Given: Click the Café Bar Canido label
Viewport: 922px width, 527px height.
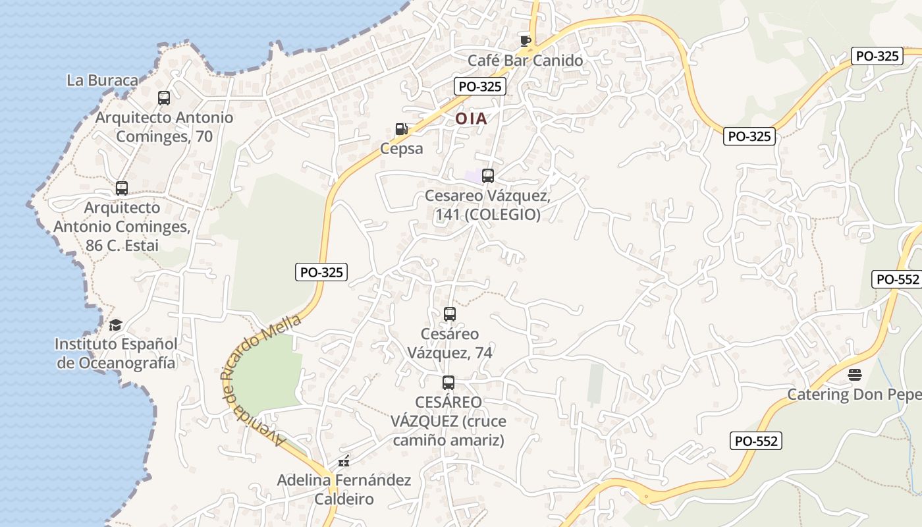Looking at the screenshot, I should pyautogui.click(x=525, y=61).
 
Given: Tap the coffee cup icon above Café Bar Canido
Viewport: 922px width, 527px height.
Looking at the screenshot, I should pyautogui.click(x=525, y=41).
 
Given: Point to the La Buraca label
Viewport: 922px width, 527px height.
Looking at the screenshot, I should pyautogui.click(x=103, y=80).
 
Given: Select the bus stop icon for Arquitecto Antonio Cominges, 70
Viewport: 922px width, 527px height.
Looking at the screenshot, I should pyautogui.click(x=164, y=98).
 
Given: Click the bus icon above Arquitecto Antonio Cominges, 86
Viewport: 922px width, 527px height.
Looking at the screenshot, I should pyautogui.click(x=122, y=188).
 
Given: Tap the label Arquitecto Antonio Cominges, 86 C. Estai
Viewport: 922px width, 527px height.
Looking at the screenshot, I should pyautogui.click(x=122, y=227).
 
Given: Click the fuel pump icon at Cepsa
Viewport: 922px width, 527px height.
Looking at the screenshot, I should pyautogui.click(x=401, y=129).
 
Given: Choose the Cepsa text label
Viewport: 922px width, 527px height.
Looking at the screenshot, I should pyautogui.click(x=401, y=148).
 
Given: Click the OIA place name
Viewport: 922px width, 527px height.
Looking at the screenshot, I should pyautogui.click(x=472, y=119).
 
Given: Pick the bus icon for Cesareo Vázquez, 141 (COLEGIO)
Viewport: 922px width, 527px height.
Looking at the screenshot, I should pyautogui.click(x=488, y=176).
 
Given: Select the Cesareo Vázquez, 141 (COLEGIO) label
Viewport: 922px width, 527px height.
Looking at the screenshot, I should pyautogui.click(x=487, y=206).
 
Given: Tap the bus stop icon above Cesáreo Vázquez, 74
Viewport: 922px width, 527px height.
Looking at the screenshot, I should pyautogui.click(x=450, y=314).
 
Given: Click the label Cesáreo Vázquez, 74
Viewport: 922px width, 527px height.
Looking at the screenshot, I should pyautogui.click(x=450, y=343).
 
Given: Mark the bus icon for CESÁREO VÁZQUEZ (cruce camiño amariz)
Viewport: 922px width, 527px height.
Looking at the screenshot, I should pyautogui.click(x=448, y=382).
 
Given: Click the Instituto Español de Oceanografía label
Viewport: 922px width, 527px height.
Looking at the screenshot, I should pyautogui.click(x=117, y=353).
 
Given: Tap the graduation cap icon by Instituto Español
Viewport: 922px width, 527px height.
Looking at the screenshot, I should pyautogui.click(x=116, y=325).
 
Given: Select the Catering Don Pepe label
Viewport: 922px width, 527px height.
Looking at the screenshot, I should pyautogui.click(x=854, y=395).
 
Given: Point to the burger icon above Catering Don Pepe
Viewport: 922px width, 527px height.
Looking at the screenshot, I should pyautogui.click(x=855, y=375).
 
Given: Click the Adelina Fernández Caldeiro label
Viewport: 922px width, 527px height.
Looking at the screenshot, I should pyautogui.click(x=344, y=489).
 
